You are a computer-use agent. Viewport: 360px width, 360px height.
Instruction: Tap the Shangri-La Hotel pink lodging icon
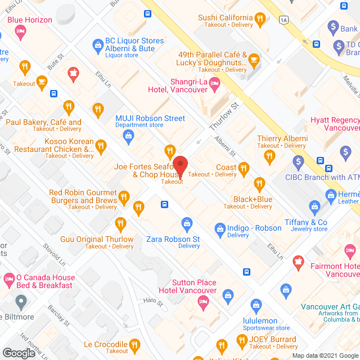tap(214, 84)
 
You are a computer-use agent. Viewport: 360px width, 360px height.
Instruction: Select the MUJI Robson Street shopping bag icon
tap(129, 135)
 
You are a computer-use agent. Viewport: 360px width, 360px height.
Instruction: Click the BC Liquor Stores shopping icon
tap(97, 43)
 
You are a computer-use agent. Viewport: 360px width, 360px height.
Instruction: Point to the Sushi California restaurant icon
tap(259, 20)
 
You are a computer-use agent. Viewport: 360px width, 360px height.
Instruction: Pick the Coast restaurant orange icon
tap(244, 167)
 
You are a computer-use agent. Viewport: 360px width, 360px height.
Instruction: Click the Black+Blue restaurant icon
tap(259, 183)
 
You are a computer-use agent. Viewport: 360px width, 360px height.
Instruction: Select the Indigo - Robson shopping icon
tap(220, 228)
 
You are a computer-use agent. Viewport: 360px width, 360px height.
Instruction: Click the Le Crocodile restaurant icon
tap(134, 344)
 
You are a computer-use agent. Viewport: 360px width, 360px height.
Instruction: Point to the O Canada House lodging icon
tap(9, 278)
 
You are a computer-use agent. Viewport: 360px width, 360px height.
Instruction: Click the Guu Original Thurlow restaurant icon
tap(120, 224)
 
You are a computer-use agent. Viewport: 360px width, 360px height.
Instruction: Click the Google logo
tap(18, 353)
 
